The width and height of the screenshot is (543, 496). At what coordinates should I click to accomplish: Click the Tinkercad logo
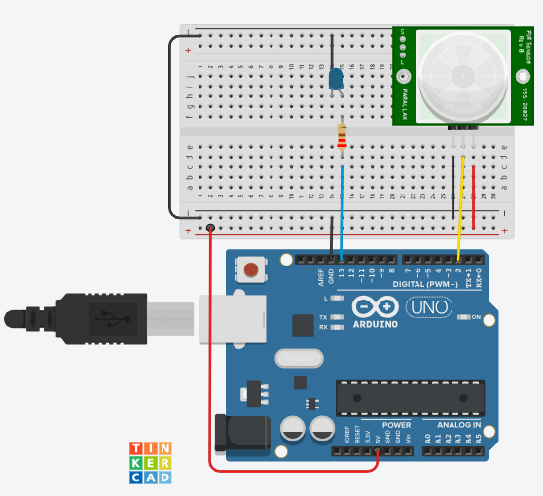coord(151,462)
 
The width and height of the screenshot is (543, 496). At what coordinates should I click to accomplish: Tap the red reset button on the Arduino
coord(253,268)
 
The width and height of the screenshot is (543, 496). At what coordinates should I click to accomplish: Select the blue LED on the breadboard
coord(336,79)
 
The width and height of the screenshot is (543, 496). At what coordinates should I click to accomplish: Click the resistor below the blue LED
coord(341,136)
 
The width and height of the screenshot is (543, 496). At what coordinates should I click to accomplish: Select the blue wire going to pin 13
coord(342,204)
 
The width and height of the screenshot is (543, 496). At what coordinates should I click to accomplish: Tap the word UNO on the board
coord(421,307)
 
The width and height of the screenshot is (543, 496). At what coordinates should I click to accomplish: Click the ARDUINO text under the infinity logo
coord(374,323)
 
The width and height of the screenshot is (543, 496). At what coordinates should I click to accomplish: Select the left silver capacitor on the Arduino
coord(291,429)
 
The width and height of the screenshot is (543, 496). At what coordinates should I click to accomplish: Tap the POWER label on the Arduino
coord(395,425)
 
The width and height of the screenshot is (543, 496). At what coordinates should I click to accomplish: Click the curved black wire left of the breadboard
coord(170,126)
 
